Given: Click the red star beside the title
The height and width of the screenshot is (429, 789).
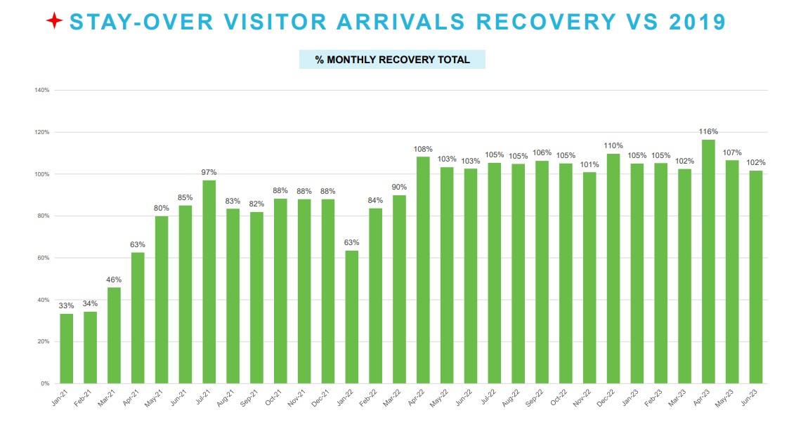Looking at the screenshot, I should [54, 22].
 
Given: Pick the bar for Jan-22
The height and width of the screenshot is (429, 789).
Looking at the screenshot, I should [352, 317].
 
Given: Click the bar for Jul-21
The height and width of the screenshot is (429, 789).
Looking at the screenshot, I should [209, 282].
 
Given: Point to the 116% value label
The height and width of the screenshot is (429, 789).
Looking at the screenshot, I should [708, 132].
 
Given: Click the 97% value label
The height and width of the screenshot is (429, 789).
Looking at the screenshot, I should [209, 173].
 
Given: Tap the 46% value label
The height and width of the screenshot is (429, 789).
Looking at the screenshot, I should [114, 279].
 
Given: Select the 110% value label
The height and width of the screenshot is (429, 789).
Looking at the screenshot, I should [613, 146].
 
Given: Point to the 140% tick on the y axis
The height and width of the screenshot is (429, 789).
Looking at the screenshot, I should [41, 91].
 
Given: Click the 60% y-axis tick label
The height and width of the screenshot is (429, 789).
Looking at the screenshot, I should [43, 258].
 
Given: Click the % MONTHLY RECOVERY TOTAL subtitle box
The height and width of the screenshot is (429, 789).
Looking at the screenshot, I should [392, 60].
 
